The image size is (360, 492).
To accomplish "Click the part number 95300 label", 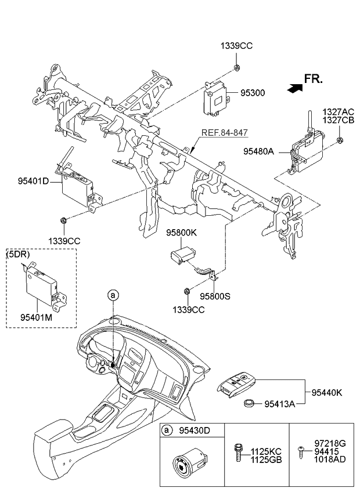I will tap(254, 92).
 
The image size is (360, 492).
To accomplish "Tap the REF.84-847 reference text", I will tap(225, 133).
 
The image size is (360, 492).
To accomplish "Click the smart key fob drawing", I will tap(237, 385).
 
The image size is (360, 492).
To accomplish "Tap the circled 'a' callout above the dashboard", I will tap(114, 296).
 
